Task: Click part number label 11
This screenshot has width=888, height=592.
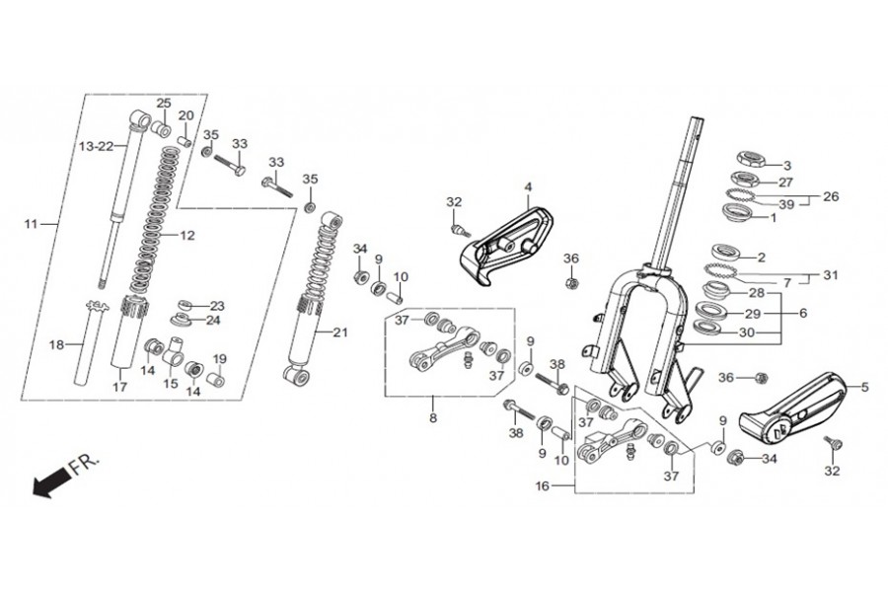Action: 31,224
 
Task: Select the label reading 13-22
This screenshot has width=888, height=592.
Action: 96,147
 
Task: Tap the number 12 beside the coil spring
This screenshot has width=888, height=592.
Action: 186,235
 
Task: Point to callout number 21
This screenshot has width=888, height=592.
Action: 339,333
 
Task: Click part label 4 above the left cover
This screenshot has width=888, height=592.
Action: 528,186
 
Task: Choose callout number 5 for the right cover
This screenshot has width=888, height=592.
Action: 864,388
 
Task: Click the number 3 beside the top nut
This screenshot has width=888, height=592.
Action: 786,166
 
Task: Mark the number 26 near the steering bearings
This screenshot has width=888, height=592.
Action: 831,196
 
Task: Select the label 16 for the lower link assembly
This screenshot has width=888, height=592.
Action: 542,486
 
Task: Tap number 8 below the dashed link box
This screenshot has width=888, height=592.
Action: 433,418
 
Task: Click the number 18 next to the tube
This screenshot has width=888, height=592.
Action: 56,344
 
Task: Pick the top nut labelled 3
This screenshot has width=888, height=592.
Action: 751,159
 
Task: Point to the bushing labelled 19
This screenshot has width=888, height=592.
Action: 215,379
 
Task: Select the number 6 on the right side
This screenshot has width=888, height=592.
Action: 803,313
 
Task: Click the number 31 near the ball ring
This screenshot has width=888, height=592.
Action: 830,275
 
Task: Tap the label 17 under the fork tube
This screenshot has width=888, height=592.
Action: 120,387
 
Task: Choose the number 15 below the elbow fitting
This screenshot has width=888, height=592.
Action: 171,384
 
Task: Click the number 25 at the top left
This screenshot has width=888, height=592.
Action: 163,103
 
